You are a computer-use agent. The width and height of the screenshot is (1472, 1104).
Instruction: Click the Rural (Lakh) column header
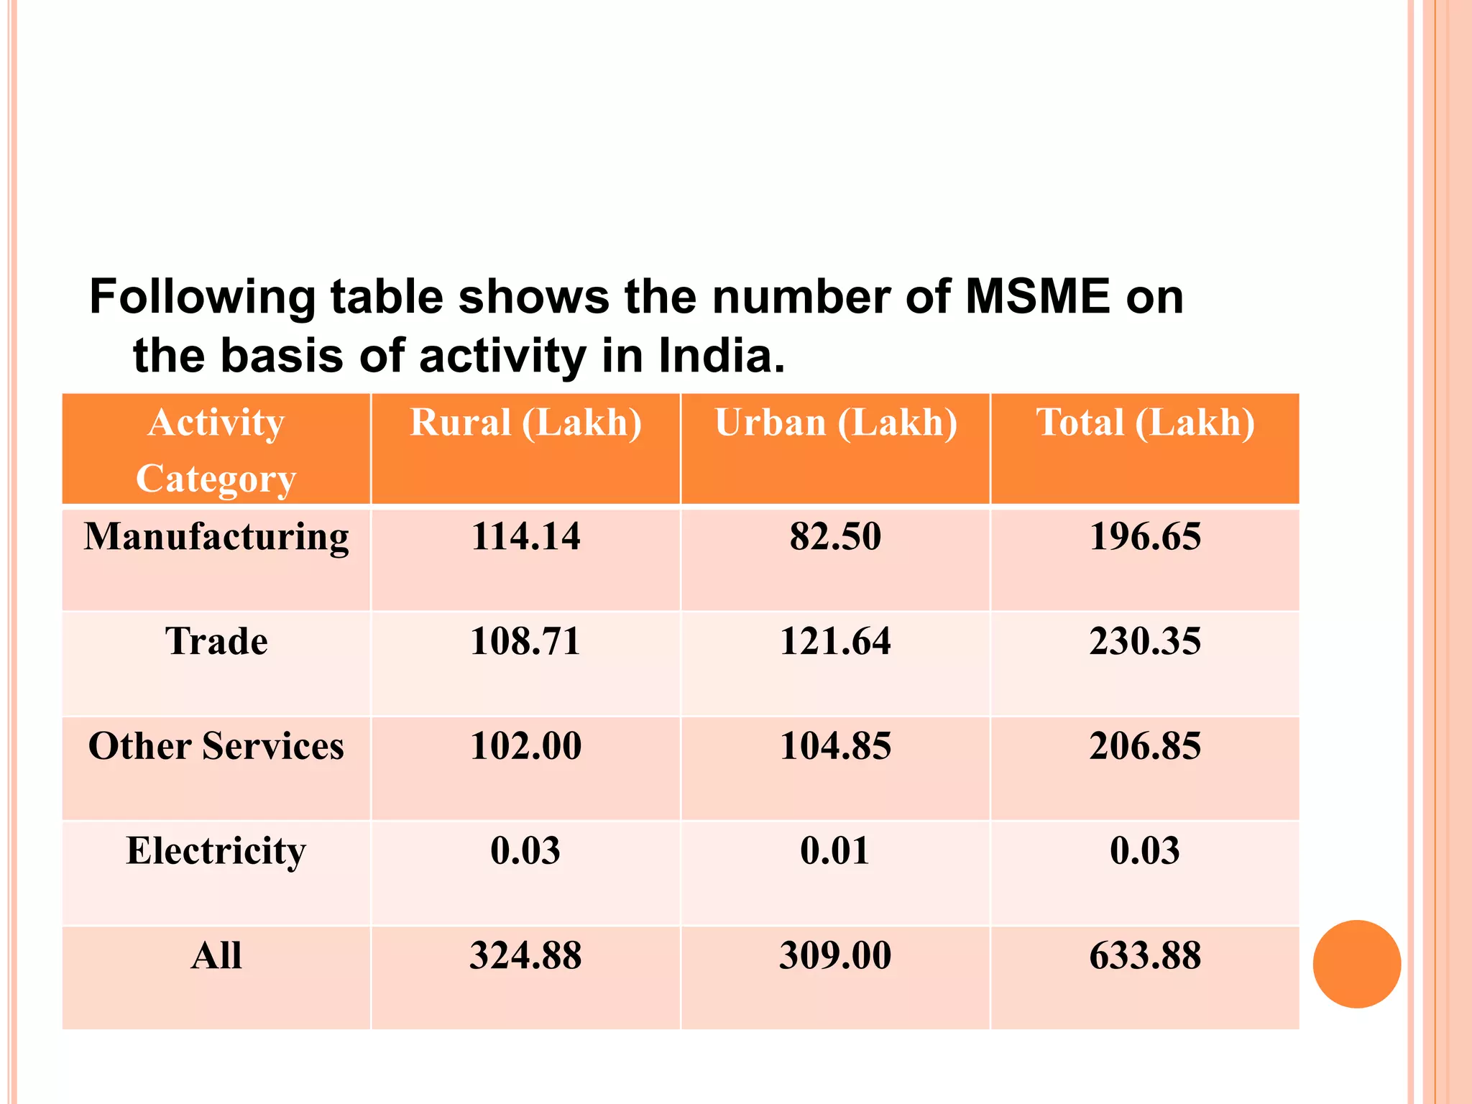(x=525, y=423)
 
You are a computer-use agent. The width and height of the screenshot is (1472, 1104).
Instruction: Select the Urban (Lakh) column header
(x=835, y=423)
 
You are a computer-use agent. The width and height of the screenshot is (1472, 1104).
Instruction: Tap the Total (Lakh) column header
(x=1145, y=423)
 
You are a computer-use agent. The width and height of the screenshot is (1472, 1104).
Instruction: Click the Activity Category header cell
(x=216, y=450)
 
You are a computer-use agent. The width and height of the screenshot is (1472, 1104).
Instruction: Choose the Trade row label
(x=216, y=641)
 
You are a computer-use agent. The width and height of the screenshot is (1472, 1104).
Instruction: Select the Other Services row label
(x=216, y=746)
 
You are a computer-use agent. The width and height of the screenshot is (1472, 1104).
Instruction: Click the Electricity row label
(x=216, y=851)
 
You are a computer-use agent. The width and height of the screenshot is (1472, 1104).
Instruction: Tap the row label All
(x=216, y=956)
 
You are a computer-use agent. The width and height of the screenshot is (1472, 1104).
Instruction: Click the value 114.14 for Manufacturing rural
(x=525, y=537)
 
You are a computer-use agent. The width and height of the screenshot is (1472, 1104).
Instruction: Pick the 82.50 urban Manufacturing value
(x=835, y=537)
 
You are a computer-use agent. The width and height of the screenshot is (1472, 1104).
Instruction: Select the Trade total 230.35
(x=1145, y=641)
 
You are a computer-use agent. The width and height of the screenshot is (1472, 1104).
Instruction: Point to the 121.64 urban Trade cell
(x=835, y=641)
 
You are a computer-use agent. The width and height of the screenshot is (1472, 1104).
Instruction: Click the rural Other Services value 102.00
(x=525, y=746)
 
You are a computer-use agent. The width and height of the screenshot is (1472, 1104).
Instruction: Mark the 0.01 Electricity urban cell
(x=835, y=851)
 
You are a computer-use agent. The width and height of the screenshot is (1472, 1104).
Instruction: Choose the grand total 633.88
(x=1145, y=956)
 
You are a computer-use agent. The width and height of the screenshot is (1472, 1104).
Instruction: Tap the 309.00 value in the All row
(x=835, y=956)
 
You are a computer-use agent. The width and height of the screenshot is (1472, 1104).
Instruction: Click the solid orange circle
(x=1356, y=964)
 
